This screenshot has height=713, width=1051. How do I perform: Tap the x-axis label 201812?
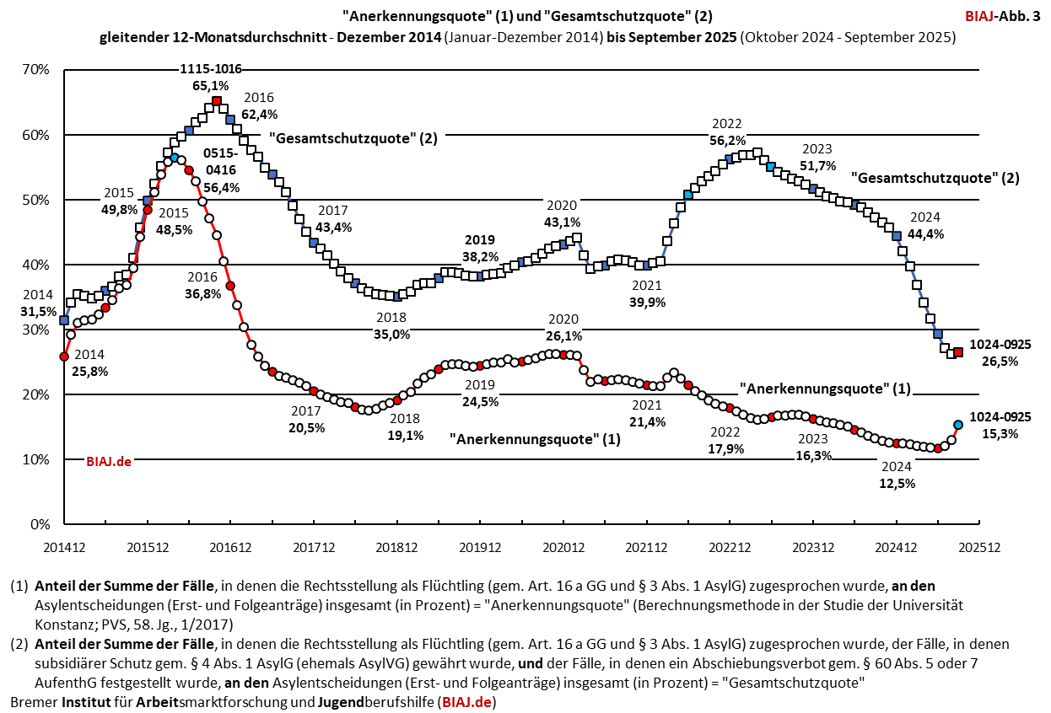click(x=396, y=546)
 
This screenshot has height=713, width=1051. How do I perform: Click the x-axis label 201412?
click(x=64, y=546)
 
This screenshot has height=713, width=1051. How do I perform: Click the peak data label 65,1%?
click(x=210, y=85)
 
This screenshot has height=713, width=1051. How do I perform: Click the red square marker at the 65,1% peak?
click(x=217, y=101)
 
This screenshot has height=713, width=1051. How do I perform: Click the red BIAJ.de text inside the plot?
click(x=109, y=461)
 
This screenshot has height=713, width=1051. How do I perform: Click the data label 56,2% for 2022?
click(x=727, y=141)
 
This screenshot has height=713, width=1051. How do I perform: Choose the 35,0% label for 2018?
click(x=391, y=334)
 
